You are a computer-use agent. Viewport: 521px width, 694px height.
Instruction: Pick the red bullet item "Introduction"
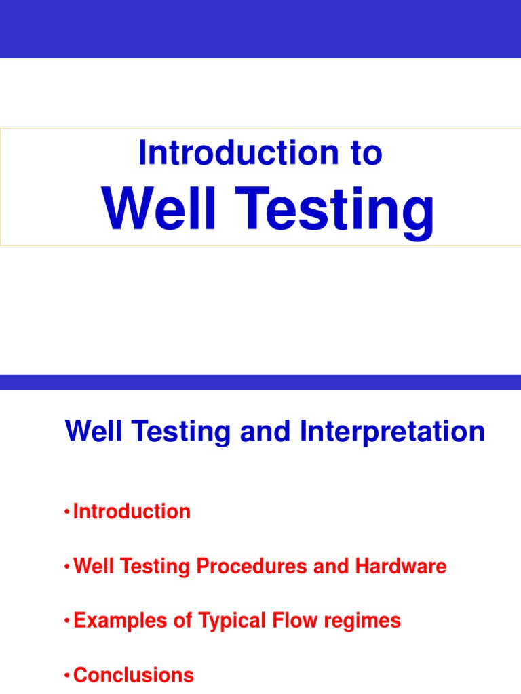pyautogui.click(x=132, y=512)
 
